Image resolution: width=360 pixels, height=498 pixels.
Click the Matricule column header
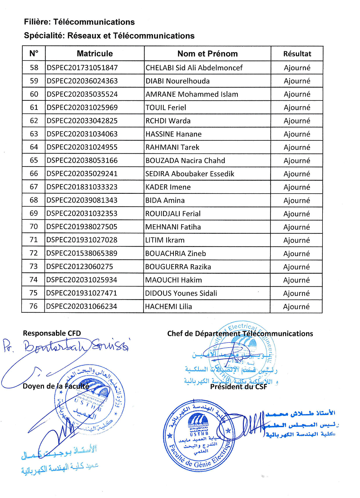click(x=94, y=54)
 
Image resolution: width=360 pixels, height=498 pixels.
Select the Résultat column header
click(x=297, y=54)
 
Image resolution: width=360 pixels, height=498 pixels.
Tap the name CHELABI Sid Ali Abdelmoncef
click(x=194, y=68)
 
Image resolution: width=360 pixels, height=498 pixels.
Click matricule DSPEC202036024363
click(x=82, y=81)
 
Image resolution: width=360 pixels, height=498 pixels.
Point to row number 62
click(x=34, y=121)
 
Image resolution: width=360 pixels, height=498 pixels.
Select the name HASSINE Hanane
click(x=173, y=134)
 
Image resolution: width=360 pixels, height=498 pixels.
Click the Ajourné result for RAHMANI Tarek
click(x=297, y=147)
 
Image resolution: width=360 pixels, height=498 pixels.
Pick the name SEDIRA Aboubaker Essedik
click(x=190, y=174)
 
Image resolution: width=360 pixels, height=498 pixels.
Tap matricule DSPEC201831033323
click(x=82, y=187)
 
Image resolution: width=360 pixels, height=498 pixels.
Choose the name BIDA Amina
click(x=165, y=200)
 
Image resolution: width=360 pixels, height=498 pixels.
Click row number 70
click(x=34, y=227)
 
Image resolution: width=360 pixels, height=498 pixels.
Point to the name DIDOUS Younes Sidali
click(x=181, y=293)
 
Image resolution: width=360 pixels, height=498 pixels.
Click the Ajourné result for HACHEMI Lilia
click(x=297, y=307)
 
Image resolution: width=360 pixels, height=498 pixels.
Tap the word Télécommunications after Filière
click(x=94, y=22)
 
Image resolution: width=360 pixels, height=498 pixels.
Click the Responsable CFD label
click(x=52, y=333)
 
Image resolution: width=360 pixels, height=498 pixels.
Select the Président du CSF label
click(x=238, y=387)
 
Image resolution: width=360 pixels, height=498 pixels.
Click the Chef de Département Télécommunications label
click(x=240, y=334)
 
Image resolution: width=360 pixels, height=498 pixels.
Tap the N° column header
click(x=34, y=54)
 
